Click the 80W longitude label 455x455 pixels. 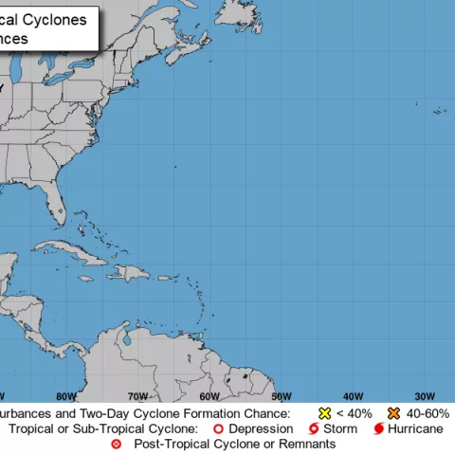tap(66, 396)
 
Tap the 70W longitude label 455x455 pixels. tap(138, 396)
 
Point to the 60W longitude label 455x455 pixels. tap(209, 396)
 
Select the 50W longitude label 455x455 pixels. tap(282, 396)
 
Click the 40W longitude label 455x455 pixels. tap(354, 396)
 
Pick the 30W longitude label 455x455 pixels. tap(425, 396)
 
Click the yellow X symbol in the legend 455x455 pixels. tap(324, 414)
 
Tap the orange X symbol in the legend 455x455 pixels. tap(393, 414)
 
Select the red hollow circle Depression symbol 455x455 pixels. tap(217, 429)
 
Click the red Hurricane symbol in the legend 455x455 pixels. tap(378, 429)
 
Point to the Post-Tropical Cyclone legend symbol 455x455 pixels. tap(117, 444)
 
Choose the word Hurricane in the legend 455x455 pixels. tap(415, 429)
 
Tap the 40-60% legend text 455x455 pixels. tap(428, 414)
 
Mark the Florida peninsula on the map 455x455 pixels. tap(60, 205)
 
